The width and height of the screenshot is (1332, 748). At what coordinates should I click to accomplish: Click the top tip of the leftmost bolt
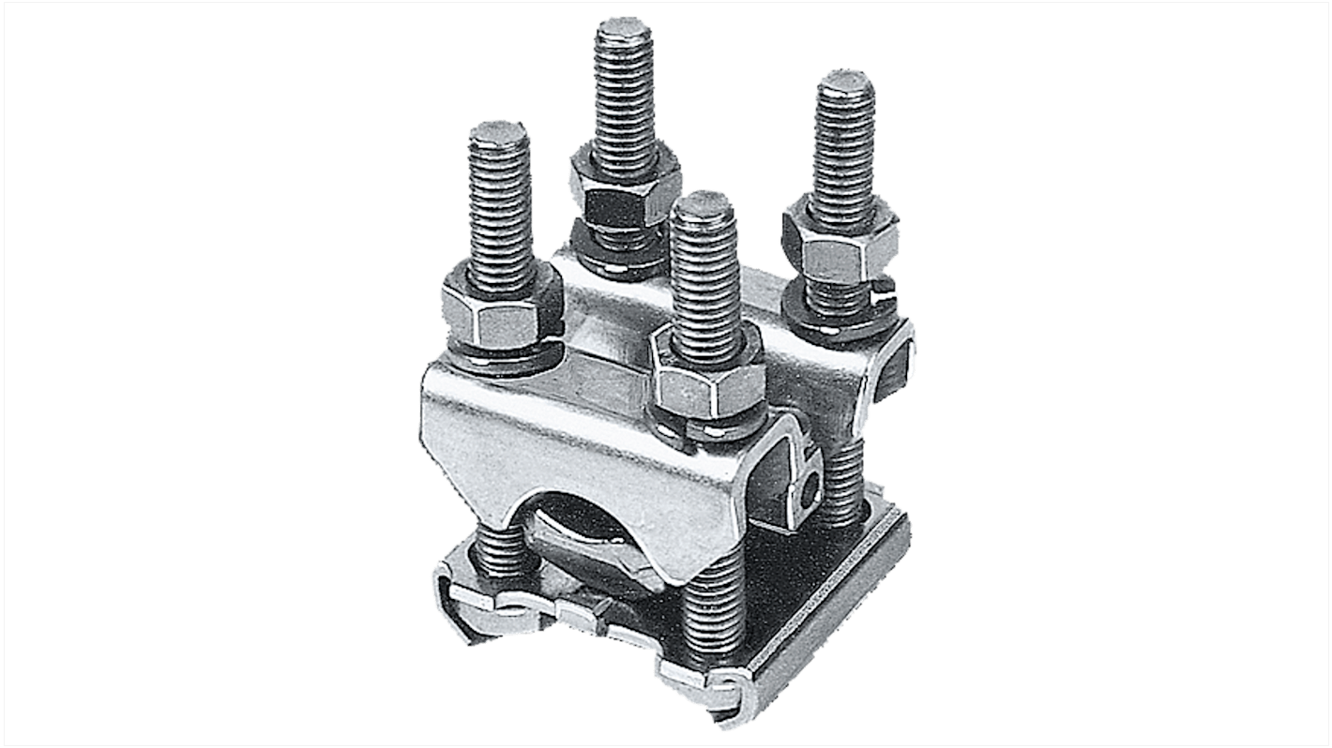(x=499, y=132)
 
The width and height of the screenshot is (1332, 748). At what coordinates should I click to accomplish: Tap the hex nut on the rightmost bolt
(x=840, y=249)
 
